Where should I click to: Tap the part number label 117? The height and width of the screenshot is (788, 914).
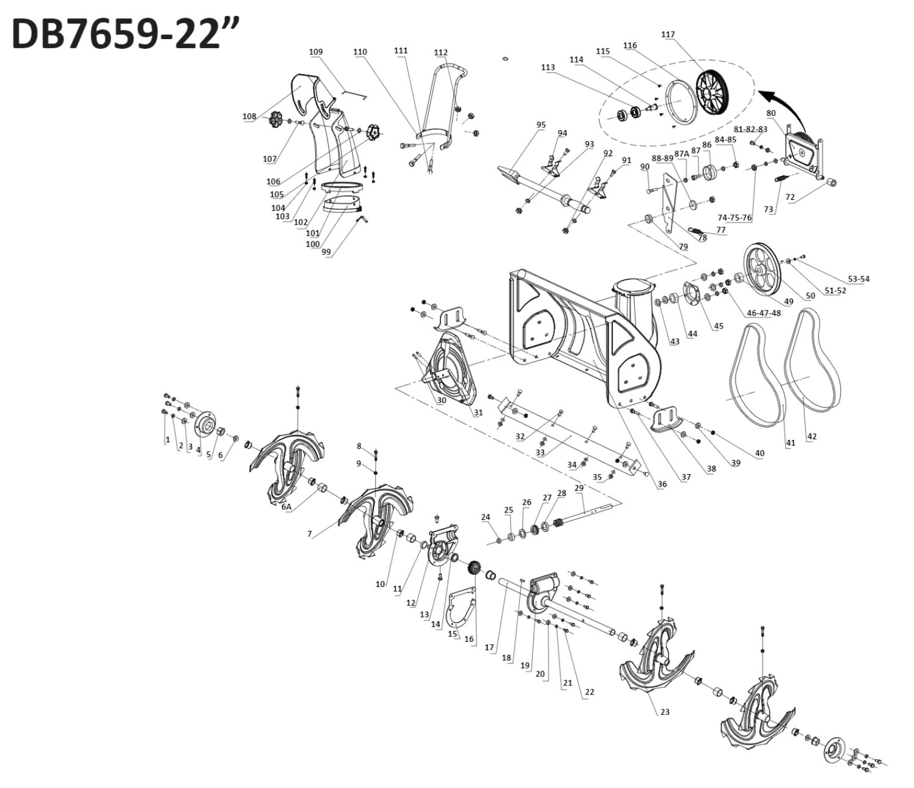(x=668, y=35)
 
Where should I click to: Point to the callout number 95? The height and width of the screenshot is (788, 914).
(x=541, y=125)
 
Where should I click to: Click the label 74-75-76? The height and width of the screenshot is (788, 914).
(x=734, y=217)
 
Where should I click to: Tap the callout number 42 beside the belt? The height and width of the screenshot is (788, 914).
(x=812, y=436)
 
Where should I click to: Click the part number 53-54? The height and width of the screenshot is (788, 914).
(x=857, y=279)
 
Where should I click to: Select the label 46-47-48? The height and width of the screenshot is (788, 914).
(x=764, y=313)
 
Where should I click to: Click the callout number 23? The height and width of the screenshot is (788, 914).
(x=665, y=712)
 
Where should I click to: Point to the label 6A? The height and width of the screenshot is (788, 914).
(x=286, y=506)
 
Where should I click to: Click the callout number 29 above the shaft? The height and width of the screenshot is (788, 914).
(x=579, y=488)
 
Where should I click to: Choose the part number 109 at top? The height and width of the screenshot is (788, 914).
(x=315, y=52)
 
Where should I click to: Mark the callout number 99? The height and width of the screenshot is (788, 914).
(x=326, y=251)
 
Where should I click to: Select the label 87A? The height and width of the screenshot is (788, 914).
(x=682, y=154)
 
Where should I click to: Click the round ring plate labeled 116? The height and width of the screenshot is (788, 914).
(x=680, y=101)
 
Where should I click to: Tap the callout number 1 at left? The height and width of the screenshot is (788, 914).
(x=167, y=440)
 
